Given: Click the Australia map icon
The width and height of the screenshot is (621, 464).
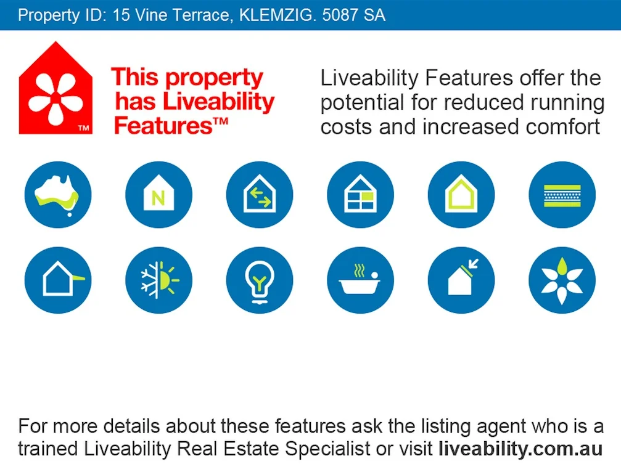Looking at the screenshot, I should click(x=58, y=195).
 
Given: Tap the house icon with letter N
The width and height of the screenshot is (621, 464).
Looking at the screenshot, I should click(x=158, y=195).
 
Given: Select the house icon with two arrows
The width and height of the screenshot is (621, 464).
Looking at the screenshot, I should click(x=260, y=195).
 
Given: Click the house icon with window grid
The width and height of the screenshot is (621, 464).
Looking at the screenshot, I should click(x=360, y=195).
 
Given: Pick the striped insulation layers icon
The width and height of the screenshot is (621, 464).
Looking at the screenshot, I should click(x=562, y=195).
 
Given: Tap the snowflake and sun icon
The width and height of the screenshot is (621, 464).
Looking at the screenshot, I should click(x=158, y=280).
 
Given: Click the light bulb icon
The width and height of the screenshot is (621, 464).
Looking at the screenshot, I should click(x=260, y=280).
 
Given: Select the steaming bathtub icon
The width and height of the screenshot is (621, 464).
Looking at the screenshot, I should click(x=360, y=280).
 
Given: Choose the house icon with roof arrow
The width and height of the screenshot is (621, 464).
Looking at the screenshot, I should click(x=461, y=280).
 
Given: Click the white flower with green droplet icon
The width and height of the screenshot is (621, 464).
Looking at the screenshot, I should click(x=562, y=280).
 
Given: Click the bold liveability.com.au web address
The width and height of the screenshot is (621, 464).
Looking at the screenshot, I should click(x=520, y=448).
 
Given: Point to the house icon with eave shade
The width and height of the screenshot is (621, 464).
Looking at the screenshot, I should click(x=58, y=280).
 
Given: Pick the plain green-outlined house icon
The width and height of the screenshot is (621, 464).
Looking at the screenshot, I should click(x=461, y=195).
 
